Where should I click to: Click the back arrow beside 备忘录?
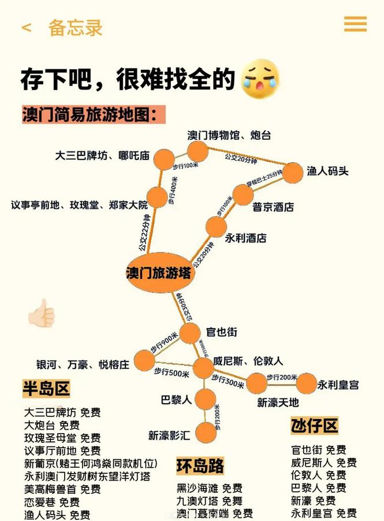pyautogui.click(x=27, y=27)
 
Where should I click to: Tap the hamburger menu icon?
pyautogui.click(x=355, y=24)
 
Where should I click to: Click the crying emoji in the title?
pyautogui.click(x=260, y=79)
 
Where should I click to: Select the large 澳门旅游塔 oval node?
pyautogui.click(x=159, y=273)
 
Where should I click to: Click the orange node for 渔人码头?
pyautogui.click(x=293, y=172)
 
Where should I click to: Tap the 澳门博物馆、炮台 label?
pyautogui.click(x=229, y=135)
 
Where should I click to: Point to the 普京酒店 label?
pyautogui.click(x=273, y=207)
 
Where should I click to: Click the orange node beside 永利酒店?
pyautogui.click(x=217, y=227)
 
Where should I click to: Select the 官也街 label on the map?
pyautogui.click(x=222, y=333)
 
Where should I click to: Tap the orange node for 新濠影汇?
pyautogui.click(x=205, y=432)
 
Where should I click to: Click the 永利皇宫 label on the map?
pyautogui.click(x=338, y=384)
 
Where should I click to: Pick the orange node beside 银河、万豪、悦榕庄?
pyautogui.click(x=144, y=360)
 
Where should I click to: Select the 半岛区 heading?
pyautogui.click(x=46, y=388)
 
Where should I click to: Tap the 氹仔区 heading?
pyautogui.click(x=314, y=426)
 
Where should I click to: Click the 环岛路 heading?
pyautogui.click(x=200, y=466)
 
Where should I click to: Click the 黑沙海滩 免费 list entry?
pyautogui.click(x=209, y=488)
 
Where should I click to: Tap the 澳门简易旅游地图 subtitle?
pyautogui.click(x=90, y=113)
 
